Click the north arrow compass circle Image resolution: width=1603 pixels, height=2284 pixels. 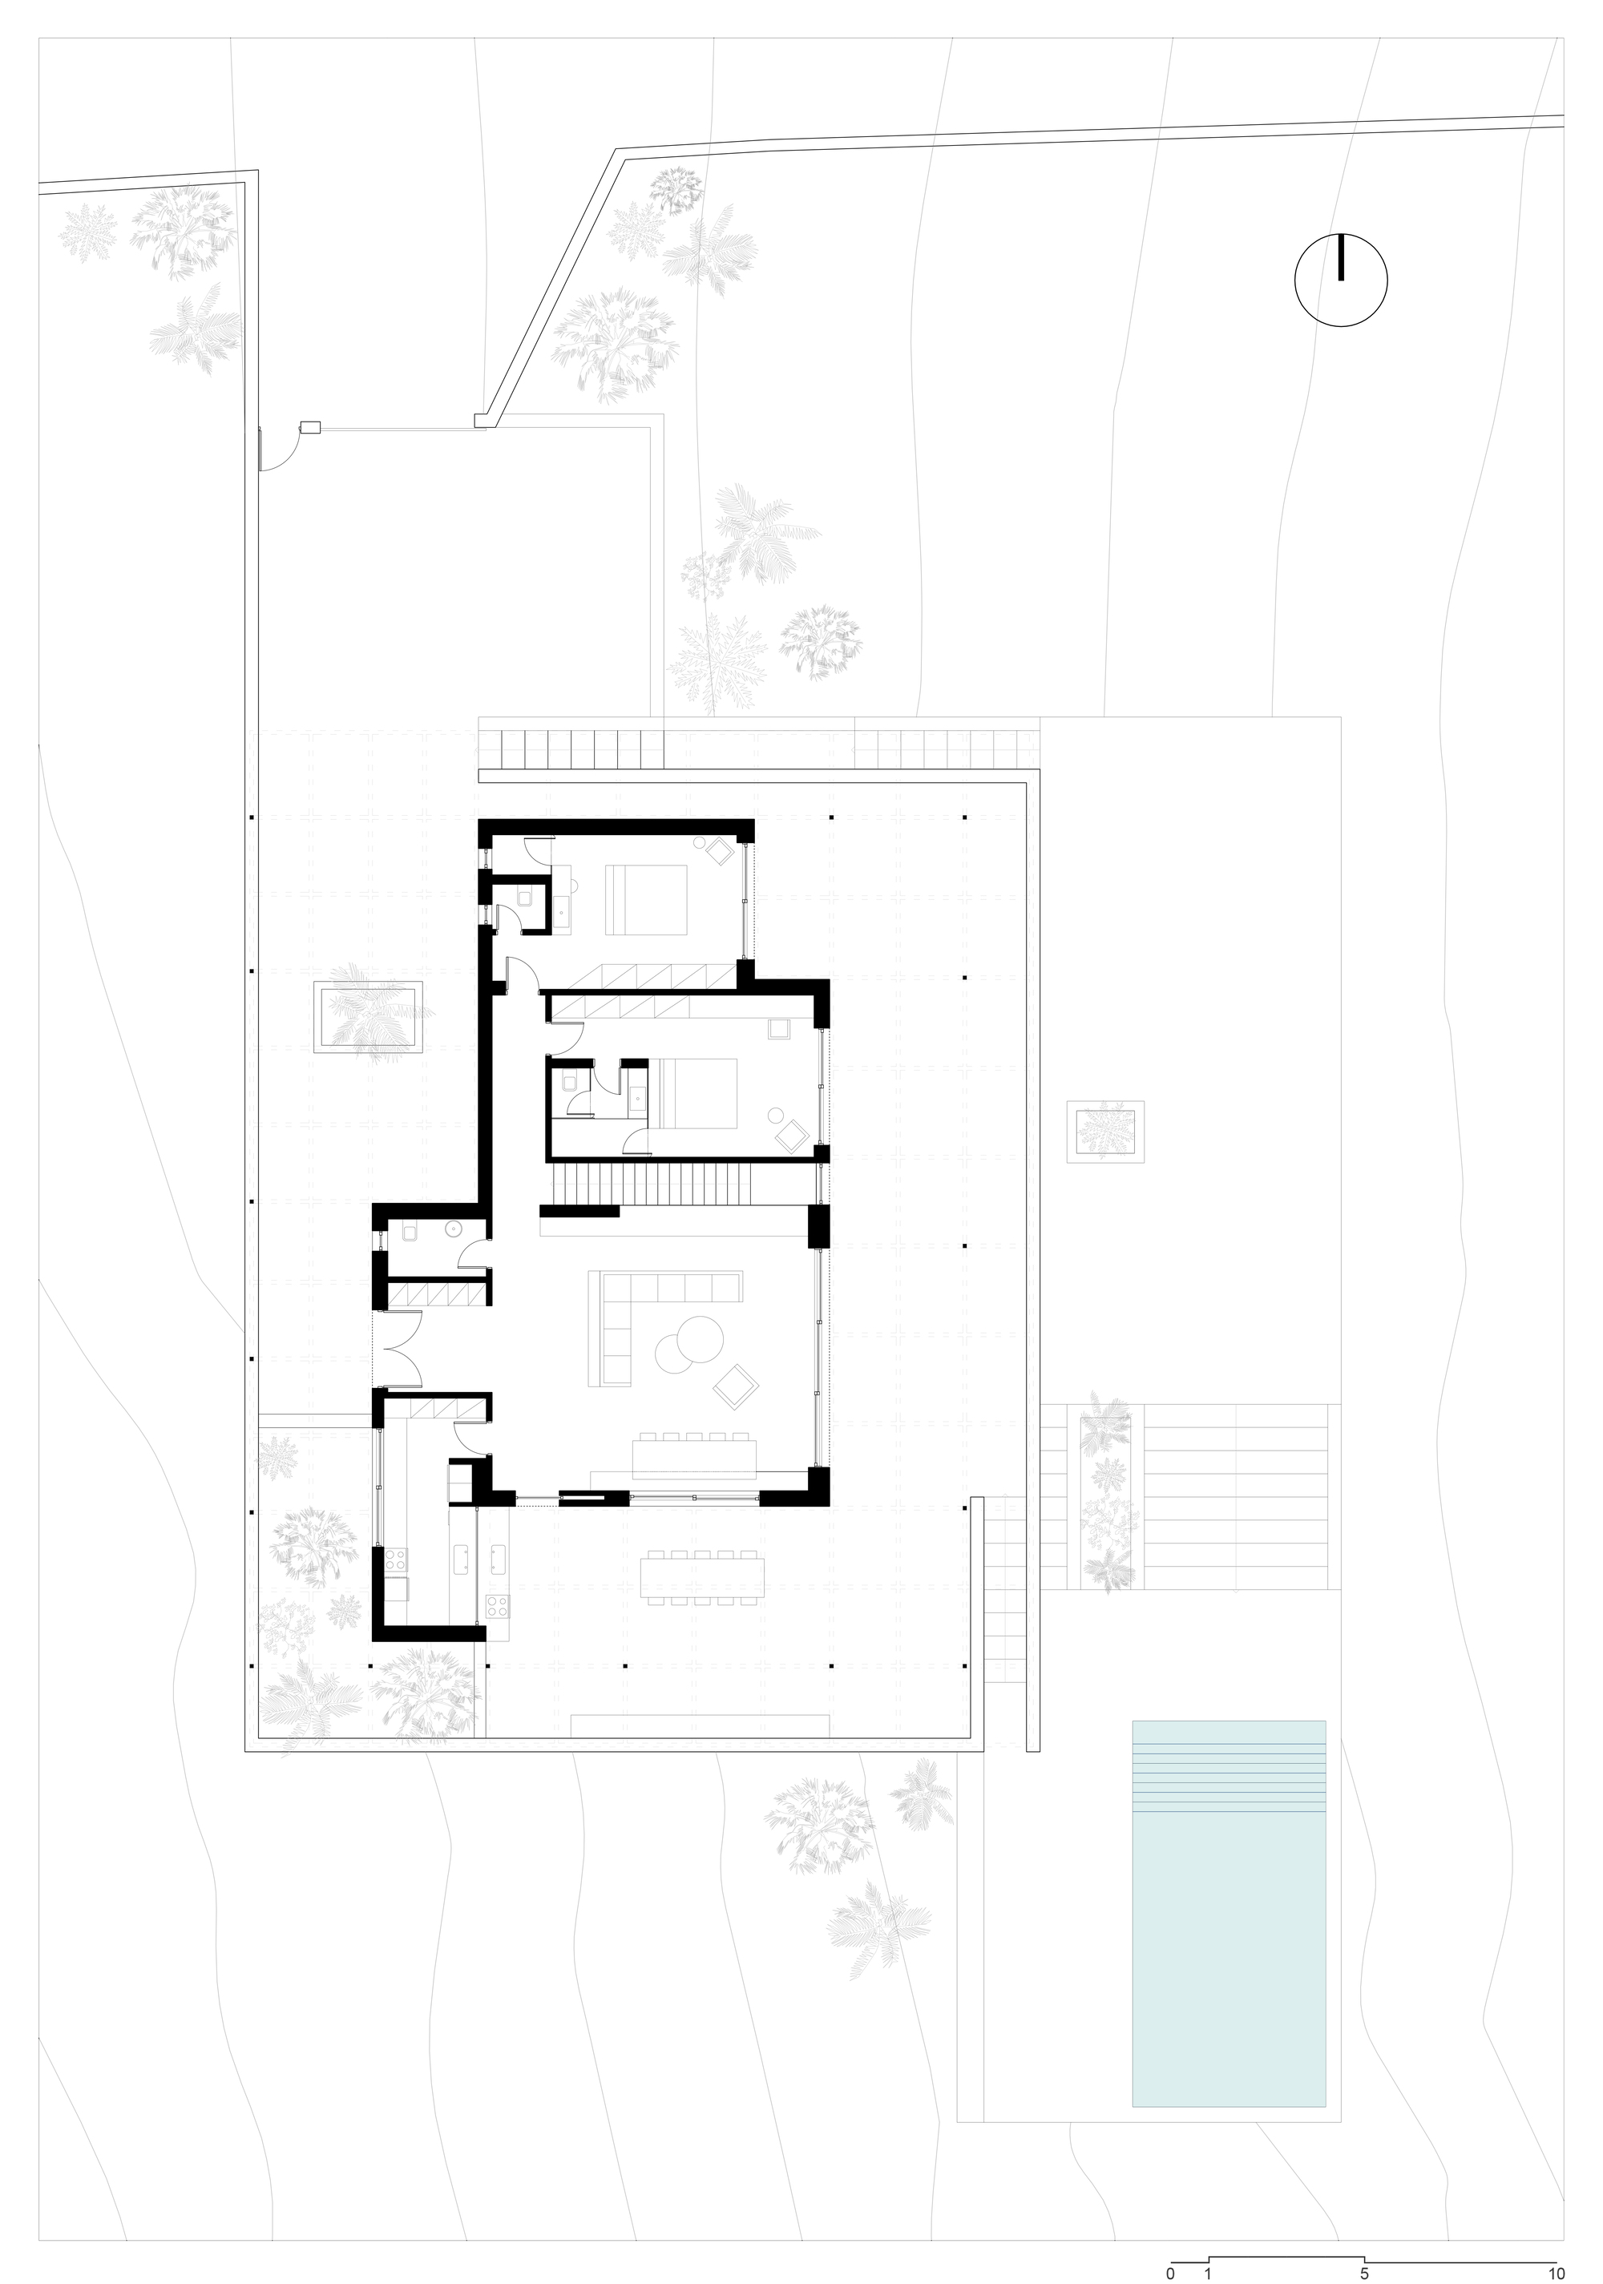point(1340,280)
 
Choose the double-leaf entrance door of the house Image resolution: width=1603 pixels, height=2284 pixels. point(399,1349)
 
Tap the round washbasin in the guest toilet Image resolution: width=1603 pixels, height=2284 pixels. point(453,1229)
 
